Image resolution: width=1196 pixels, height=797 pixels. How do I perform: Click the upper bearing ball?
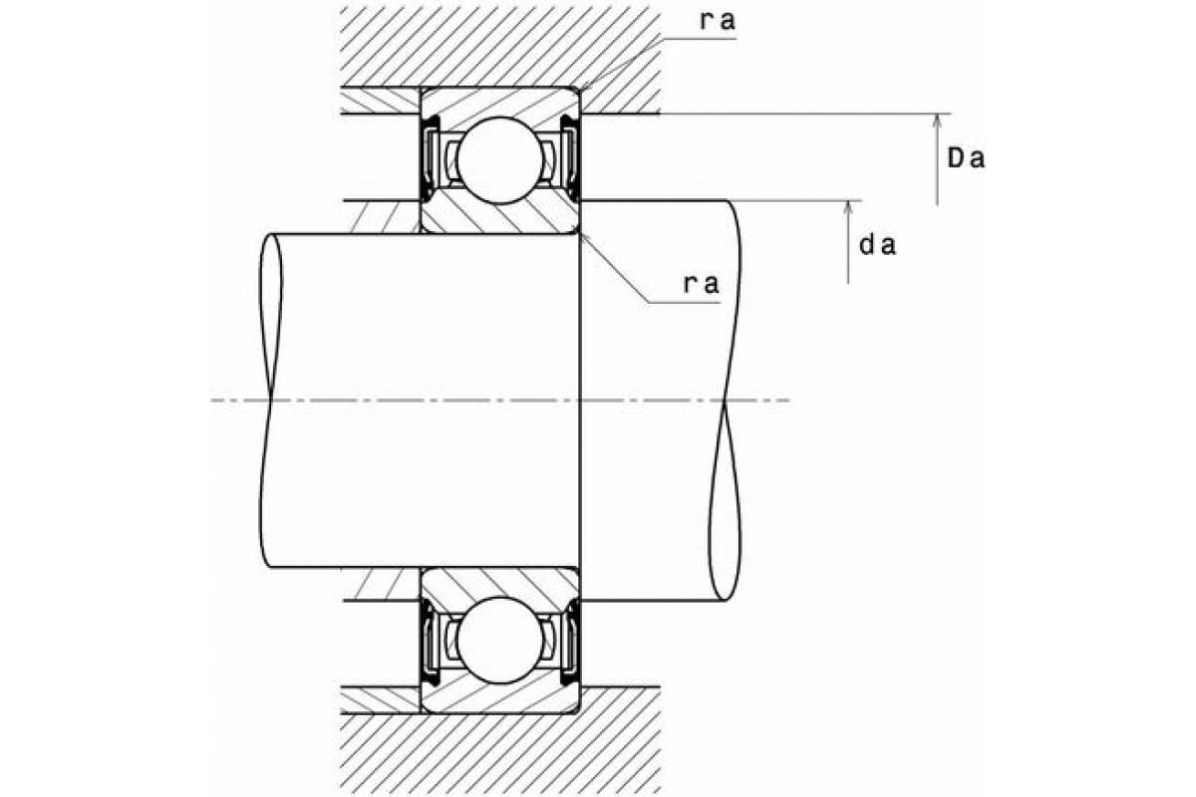[499, 160]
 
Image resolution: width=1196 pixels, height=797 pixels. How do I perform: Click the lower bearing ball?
[499, 640]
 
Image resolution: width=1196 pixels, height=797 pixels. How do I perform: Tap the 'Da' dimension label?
[966, 158]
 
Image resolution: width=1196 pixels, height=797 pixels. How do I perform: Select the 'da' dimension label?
[878, 245]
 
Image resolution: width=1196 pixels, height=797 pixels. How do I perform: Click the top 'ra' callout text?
[718, 21]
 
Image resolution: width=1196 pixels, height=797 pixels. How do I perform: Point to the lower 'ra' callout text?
[702, 284]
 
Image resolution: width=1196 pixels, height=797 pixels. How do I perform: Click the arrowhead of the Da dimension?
[937, 122]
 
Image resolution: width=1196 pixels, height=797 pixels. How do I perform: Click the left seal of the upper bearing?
[431, 158]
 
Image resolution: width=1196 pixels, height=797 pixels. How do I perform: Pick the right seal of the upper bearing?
[570, 158]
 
